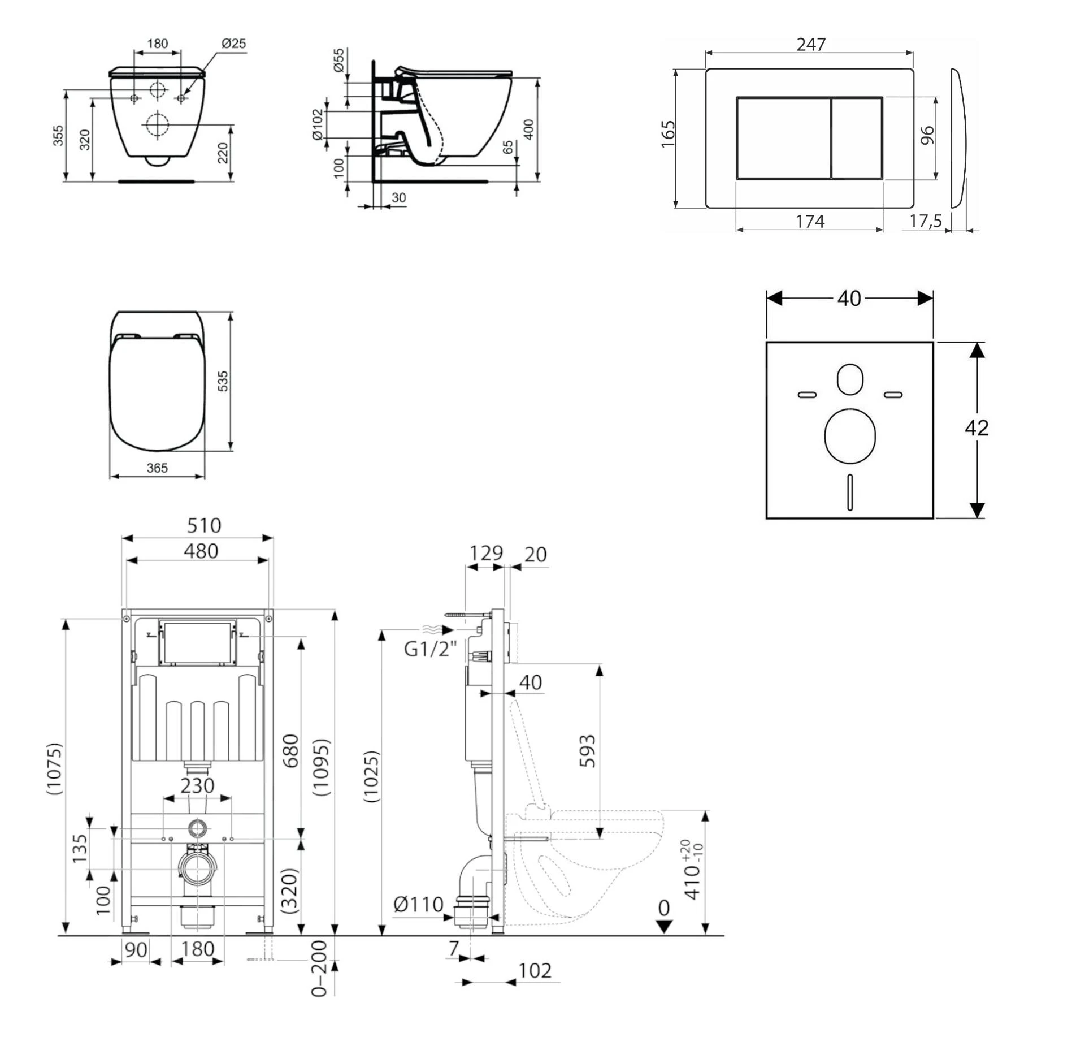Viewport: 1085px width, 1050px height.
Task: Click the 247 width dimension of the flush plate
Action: point(810,44)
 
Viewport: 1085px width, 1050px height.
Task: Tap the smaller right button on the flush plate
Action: point(857,138)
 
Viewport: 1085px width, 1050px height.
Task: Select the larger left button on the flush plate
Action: point(783,138)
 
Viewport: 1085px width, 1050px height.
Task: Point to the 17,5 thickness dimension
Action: point(925,221)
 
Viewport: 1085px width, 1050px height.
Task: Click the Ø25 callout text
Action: point(233,44)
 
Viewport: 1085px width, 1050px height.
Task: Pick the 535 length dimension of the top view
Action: point(223,381)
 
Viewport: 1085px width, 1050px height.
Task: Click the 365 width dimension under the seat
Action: point(157,468)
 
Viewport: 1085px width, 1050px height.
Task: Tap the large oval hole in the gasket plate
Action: point(850,436)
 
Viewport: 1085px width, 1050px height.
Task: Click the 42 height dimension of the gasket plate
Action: point(976,427)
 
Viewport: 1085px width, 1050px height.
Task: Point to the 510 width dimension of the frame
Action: point(203,525)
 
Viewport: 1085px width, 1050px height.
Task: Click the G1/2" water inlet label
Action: point(429,649)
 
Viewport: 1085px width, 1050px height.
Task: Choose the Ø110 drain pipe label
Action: point(418,904)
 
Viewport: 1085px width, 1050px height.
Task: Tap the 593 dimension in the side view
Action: point(588,750)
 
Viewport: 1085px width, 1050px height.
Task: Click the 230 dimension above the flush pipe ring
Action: point(197,785)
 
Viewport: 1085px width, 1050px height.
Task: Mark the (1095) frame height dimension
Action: point(321,767)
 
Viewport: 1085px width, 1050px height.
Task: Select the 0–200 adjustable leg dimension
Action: point(319,969)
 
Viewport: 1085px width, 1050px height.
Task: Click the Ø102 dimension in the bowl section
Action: point(317,124)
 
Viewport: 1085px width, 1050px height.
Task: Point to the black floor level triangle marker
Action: point(664,926)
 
